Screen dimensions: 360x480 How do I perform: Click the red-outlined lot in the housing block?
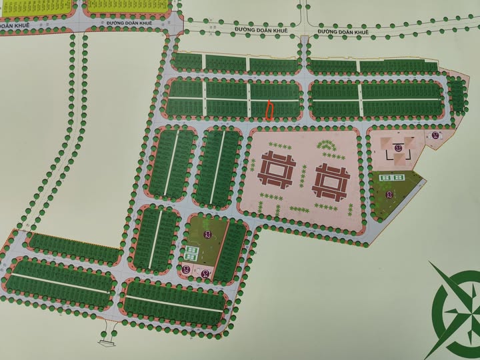click(270, 110)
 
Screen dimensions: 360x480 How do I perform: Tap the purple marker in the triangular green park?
click(391, 194)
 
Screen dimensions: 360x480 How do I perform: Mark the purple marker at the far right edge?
click(435, 136)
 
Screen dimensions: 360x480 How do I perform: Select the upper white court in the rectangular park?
click(191, 250)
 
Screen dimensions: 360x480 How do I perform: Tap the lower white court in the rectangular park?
click(191, 257)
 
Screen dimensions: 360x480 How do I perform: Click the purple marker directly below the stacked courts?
click(186, 269)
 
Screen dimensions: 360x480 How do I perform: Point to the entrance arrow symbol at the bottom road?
click(105, 342)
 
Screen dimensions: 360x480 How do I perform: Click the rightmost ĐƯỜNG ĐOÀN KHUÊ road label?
click(343, 31)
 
